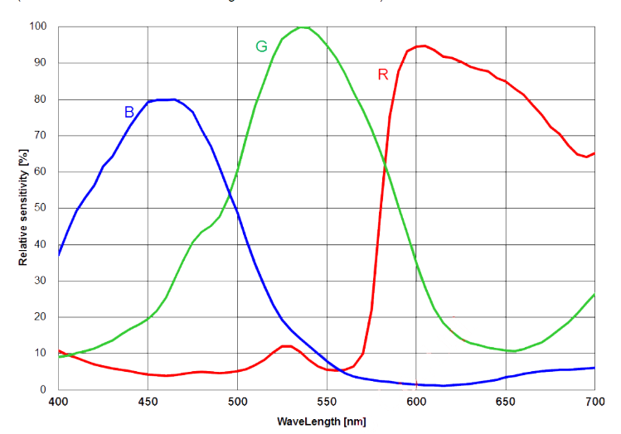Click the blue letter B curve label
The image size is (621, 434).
(x=129, y=111)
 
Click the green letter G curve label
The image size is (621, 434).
(x=260, y=46)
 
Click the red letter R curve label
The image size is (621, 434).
(x=382, y=75)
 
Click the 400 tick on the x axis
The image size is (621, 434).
(x=58, y=402)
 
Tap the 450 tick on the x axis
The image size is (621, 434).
(x=148, y=402)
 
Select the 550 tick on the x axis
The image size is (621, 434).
(x=327, y=402)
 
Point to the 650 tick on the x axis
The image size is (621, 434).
(x=505, y=402)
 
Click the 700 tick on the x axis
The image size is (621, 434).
(x=594, y=402)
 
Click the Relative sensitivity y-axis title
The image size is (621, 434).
(x=22, y=208)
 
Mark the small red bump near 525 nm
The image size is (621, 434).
(x=284, y=345)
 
